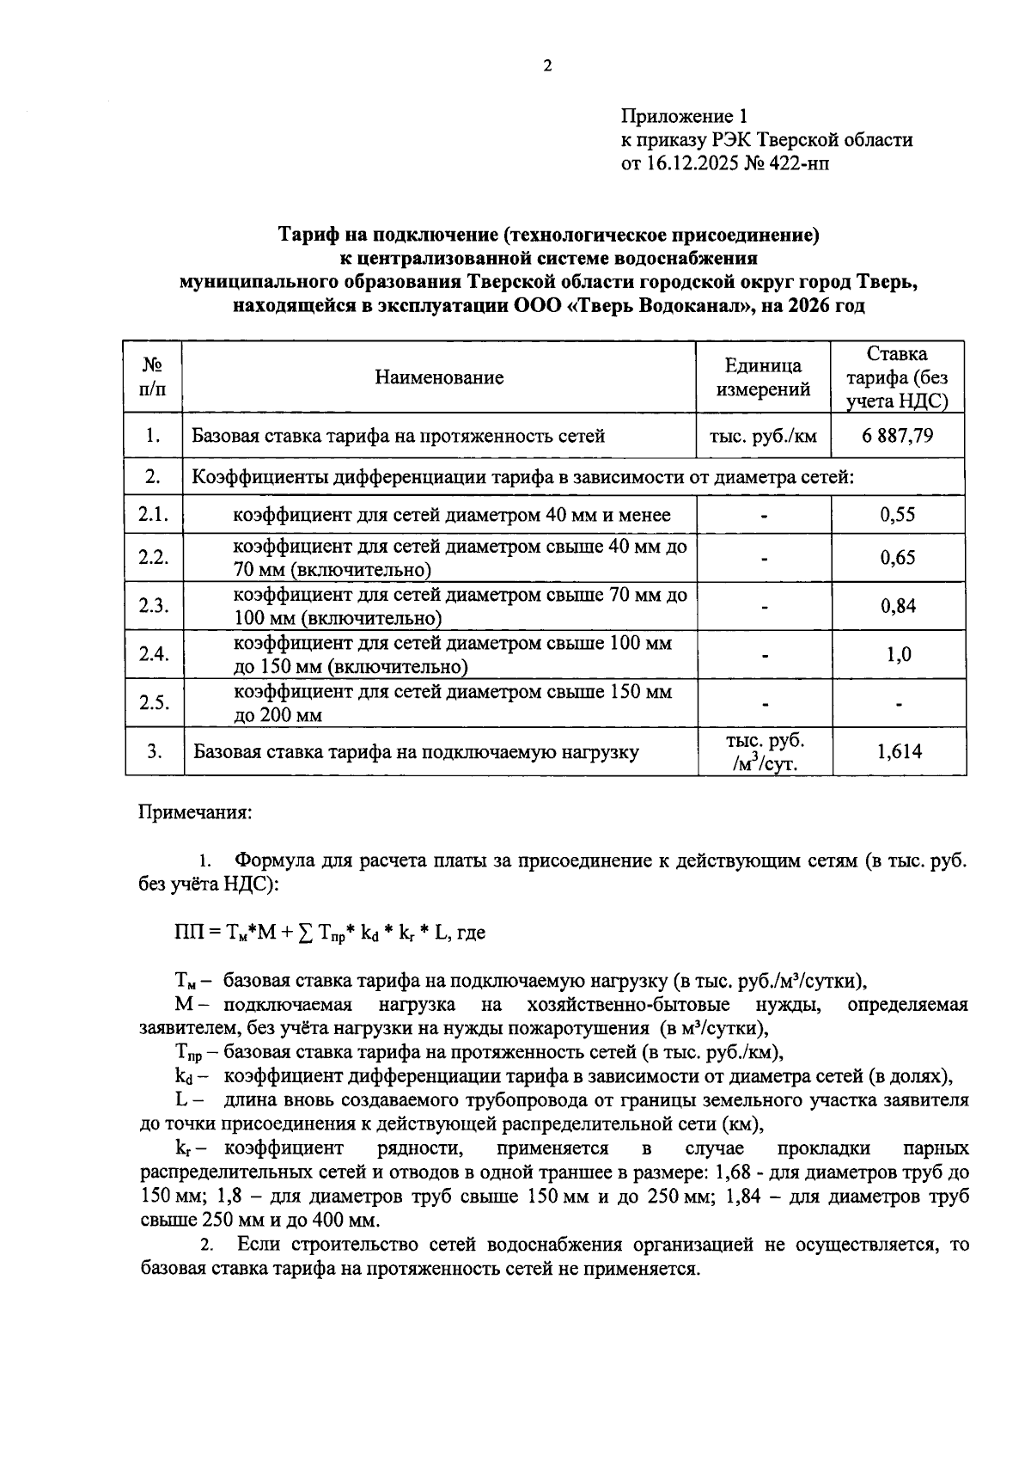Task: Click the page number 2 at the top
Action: pos(546,66)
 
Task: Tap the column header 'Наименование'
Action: pos(439,377)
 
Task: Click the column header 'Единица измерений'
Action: pos(763,377)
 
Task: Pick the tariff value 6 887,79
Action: pos(898,436)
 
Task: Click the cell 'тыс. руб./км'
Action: pos(763,436)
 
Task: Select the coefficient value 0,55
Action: pos(898,515)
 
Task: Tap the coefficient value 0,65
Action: pos(898,557)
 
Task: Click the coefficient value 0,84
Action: pos(898,606)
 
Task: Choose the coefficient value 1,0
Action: pos(899,654)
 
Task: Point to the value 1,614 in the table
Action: pos(899,752)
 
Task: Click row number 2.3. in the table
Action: pos(154,606)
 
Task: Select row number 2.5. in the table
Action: pos(154,703)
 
